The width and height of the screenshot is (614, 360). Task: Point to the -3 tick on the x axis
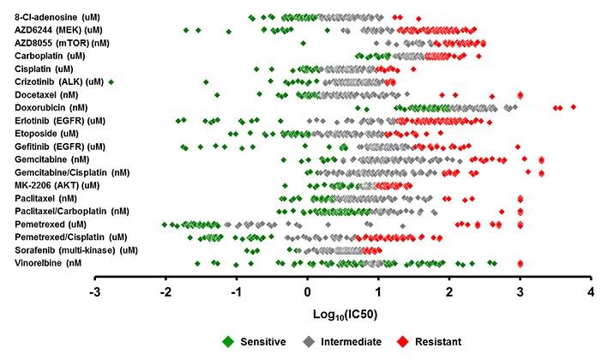pyautogui.click(x=96, y=293)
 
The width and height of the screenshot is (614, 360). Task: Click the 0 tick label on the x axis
pyautogui.click(x=308, y=293)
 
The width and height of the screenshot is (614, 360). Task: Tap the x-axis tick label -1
pyautogui.click(x=237, y=293)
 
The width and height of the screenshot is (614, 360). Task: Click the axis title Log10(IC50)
pyautogui.click(x=343, y=315)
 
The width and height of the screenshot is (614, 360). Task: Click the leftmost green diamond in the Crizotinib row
pyautogui.click(x=111, y=81)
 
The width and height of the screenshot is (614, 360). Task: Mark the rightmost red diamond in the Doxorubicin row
pyautogui.click(x=573, y=107)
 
